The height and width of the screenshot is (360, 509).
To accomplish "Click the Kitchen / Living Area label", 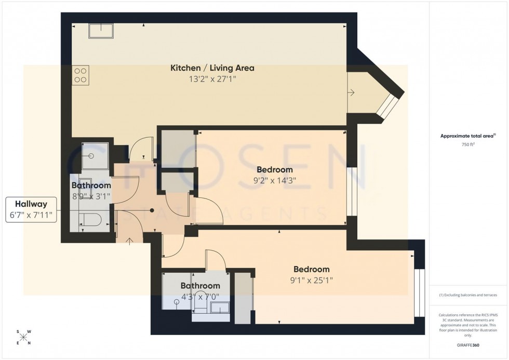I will [x=212, y=68].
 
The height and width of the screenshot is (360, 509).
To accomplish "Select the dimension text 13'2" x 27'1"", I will [x=212, y=79].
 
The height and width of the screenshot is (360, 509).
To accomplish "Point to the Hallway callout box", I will [x=31, y=210].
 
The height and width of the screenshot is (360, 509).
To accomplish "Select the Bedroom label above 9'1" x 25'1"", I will [x=312, y=269].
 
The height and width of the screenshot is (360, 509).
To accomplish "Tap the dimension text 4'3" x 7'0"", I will [x=200, y=297].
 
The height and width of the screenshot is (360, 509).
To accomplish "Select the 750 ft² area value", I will [x=468, y=145].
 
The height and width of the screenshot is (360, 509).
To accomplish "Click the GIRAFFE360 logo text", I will [x=468, y=344].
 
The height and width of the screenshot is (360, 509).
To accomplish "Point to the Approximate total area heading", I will [x=468, y=136].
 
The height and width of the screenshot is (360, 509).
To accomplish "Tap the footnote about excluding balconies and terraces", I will [x=468, y=295].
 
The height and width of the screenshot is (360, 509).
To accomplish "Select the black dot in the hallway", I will [x=152, y=210].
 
